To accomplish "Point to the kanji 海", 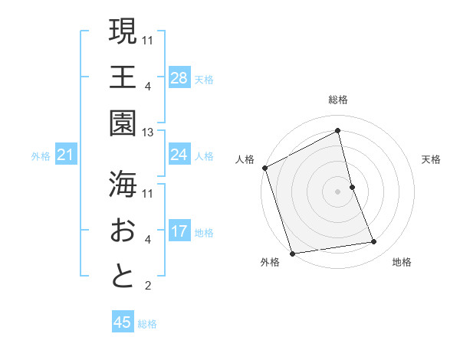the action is click(123, 183).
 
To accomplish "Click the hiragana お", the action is click(123, 230).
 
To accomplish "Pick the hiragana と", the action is click(123, 276).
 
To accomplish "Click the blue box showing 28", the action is click(179, 77).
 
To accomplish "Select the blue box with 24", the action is click(179, 155).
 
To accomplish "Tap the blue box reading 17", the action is click(179, 232).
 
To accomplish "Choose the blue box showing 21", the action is click(66, 156).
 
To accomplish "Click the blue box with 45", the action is click(123, 322).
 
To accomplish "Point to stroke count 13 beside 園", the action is click(148, 133).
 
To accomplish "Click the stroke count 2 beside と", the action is click(148, 286).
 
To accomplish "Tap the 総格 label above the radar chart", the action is click(338, 100).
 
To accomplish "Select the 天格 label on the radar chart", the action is click(432, 159).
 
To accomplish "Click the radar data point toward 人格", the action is click(264, 168).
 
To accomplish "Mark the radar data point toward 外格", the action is click(292, 254).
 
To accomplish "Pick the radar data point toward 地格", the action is click(374, 242).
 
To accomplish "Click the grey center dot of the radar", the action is click(338, 191).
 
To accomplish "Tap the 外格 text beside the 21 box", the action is click(41, 156).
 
